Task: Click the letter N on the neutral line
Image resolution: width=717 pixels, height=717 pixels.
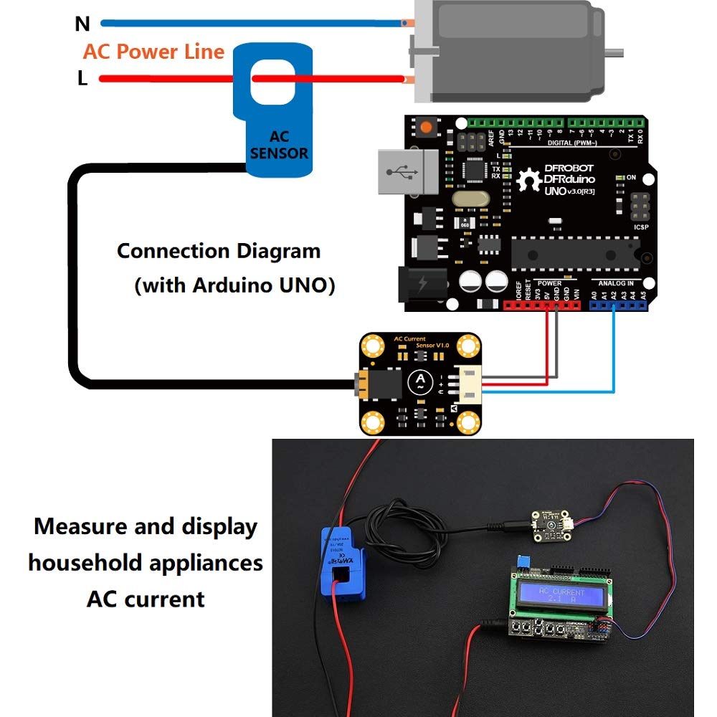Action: [82, 24]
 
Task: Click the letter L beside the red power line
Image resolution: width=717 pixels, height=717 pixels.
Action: [82, 79]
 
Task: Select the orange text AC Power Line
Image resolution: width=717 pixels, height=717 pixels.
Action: [153, 52]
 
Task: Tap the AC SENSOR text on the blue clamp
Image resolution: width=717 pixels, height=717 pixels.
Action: [279, 145]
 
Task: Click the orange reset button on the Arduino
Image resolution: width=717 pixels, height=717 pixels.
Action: [427, 128]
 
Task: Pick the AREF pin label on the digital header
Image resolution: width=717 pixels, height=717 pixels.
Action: [492, 138]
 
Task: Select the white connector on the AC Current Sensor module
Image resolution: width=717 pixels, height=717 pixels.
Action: [468, 386]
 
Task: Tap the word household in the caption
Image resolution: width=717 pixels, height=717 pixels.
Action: [85, 563]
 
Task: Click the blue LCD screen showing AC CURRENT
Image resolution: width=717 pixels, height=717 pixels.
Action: [561, 596]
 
